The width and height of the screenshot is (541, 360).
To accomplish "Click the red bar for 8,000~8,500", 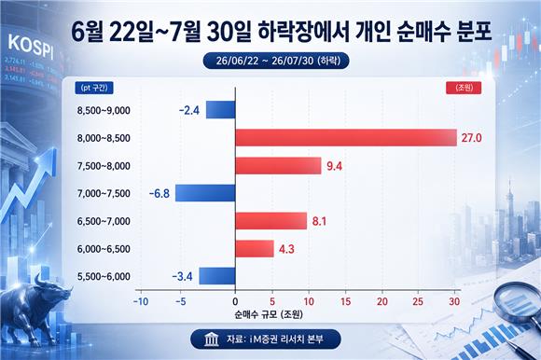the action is coord(346,138).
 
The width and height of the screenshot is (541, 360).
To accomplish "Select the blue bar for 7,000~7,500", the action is coord(205,193).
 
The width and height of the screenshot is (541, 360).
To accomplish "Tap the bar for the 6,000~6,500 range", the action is coord(255,249).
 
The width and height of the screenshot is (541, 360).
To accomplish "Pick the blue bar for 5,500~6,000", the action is coord(217,276).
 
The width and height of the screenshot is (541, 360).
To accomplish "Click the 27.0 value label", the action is coord(471,138).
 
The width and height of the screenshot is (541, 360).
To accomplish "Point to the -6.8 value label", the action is coord(160,193).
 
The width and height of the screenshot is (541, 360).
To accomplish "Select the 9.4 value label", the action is coord(334,166).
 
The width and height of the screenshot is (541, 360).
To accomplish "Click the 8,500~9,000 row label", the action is coord(104,110).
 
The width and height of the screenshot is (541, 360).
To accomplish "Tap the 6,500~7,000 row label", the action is coord(104,221).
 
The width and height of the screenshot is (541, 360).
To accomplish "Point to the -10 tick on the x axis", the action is coord(141,302).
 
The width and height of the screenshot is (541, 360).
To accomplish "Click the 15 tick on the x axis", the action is coord(346,302).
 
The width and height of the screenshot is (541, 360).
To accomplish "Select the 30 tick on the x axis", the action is coord(454,302).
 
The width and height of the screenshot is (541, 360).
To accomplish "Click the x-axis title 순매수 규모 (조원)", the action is coord(269,314).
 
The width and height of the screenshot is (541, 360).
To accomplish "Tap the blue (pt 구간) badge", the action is coord(94,88).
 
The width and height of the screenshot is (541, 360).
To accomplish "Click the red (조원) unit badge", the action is coord(464,88).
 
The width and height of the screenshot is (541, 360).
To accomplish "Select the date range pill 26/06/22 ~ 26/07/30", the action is coord(276,61).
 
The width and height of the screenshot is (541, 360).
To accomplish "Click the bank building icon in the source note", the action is coord(211,339).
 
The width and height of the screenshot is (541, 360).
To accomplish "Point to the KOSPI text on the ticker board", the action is coord(31,47).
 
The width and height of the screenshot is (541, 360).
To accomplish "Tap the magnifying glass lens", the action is coord(515,303).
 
